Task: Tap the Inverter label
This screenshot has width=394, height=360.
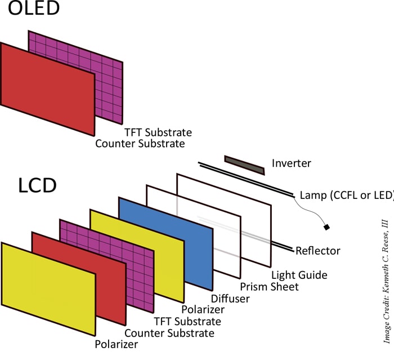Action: [291, 163]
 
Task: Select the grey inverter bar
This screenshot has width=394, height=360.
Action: [245, 165]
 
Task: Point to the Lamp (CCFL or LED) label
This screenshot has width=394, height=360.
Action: [346, 195]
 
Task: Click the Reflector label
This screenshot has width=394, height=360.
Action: [318, 250]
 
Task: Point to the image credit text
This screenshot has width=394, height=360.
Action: [386, 282]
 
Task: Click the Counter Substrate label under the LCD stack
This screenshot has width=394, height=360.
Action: [169, 332]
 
